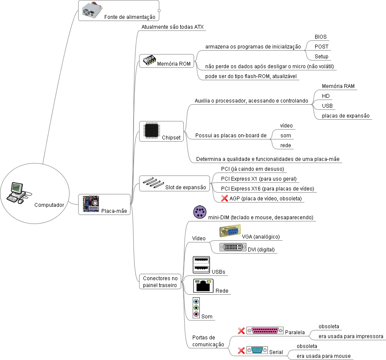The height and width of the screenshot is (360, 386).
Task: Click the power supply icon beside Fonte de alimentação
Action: (x=91, y=9)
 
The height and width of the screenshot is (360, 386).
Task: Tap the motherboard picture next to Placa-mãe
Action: (x=91, y=204)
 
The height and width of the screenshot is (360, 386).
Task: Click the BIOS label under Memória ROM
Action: (x=320, y=37)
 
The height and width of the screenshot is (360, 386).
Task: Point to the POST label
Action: (x=322, y=47)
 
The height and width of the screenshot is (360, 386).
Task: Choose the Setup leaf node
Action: (x=321, y=57)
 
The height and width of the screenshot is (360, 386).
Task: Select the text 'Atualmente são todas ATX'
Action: (x=172, y=27)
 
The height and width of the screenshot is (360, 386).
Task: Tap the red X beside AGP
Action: (x=224, y=199)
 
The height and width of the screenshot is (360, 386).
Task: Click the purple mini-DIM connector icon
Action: (x=200, y=212)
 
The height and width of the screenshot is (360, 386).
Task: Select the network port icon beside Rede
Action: (x=203, y=285)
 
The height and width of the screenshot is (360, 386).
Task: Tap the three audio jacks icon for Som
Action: (x=196, y=308)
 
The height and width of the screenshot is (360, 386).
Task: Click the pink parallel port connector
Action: (x=265, y=331)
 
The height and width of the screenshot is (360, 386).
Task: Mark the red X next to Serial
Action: (x=241, y=351)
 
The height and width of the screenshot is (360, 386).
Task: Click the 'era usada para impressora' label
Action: (x=351, y=336)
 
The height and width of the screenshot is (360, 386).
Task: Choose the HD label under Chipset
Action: (x=326, y=96)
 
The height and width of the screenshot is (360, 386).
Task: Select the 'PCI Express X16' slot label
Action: (x=267, y=189)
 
